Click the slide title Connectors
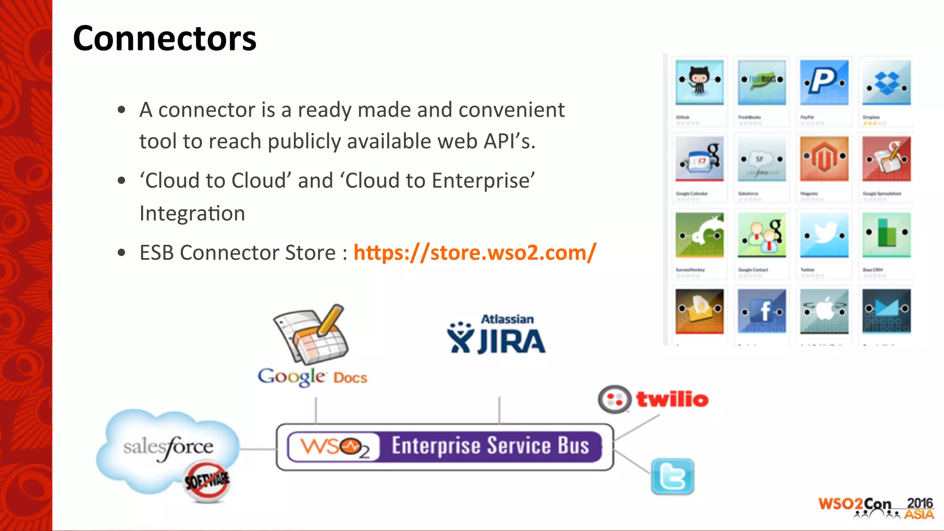click(165, 38)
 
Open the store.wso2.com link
click(475, 253)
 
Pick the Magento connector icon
click(824, 159)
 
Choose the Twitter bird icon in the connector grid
click(824, 234)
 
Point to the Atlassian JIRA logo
click(496, 335)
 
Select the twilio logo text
click(672, 399)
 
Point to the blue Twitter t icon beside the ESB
click(673, 477)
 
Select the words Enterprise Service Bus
click(490, 446)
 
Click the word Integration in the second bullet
click(192, 213)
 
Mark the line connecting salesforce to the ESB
click(258, 448)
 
